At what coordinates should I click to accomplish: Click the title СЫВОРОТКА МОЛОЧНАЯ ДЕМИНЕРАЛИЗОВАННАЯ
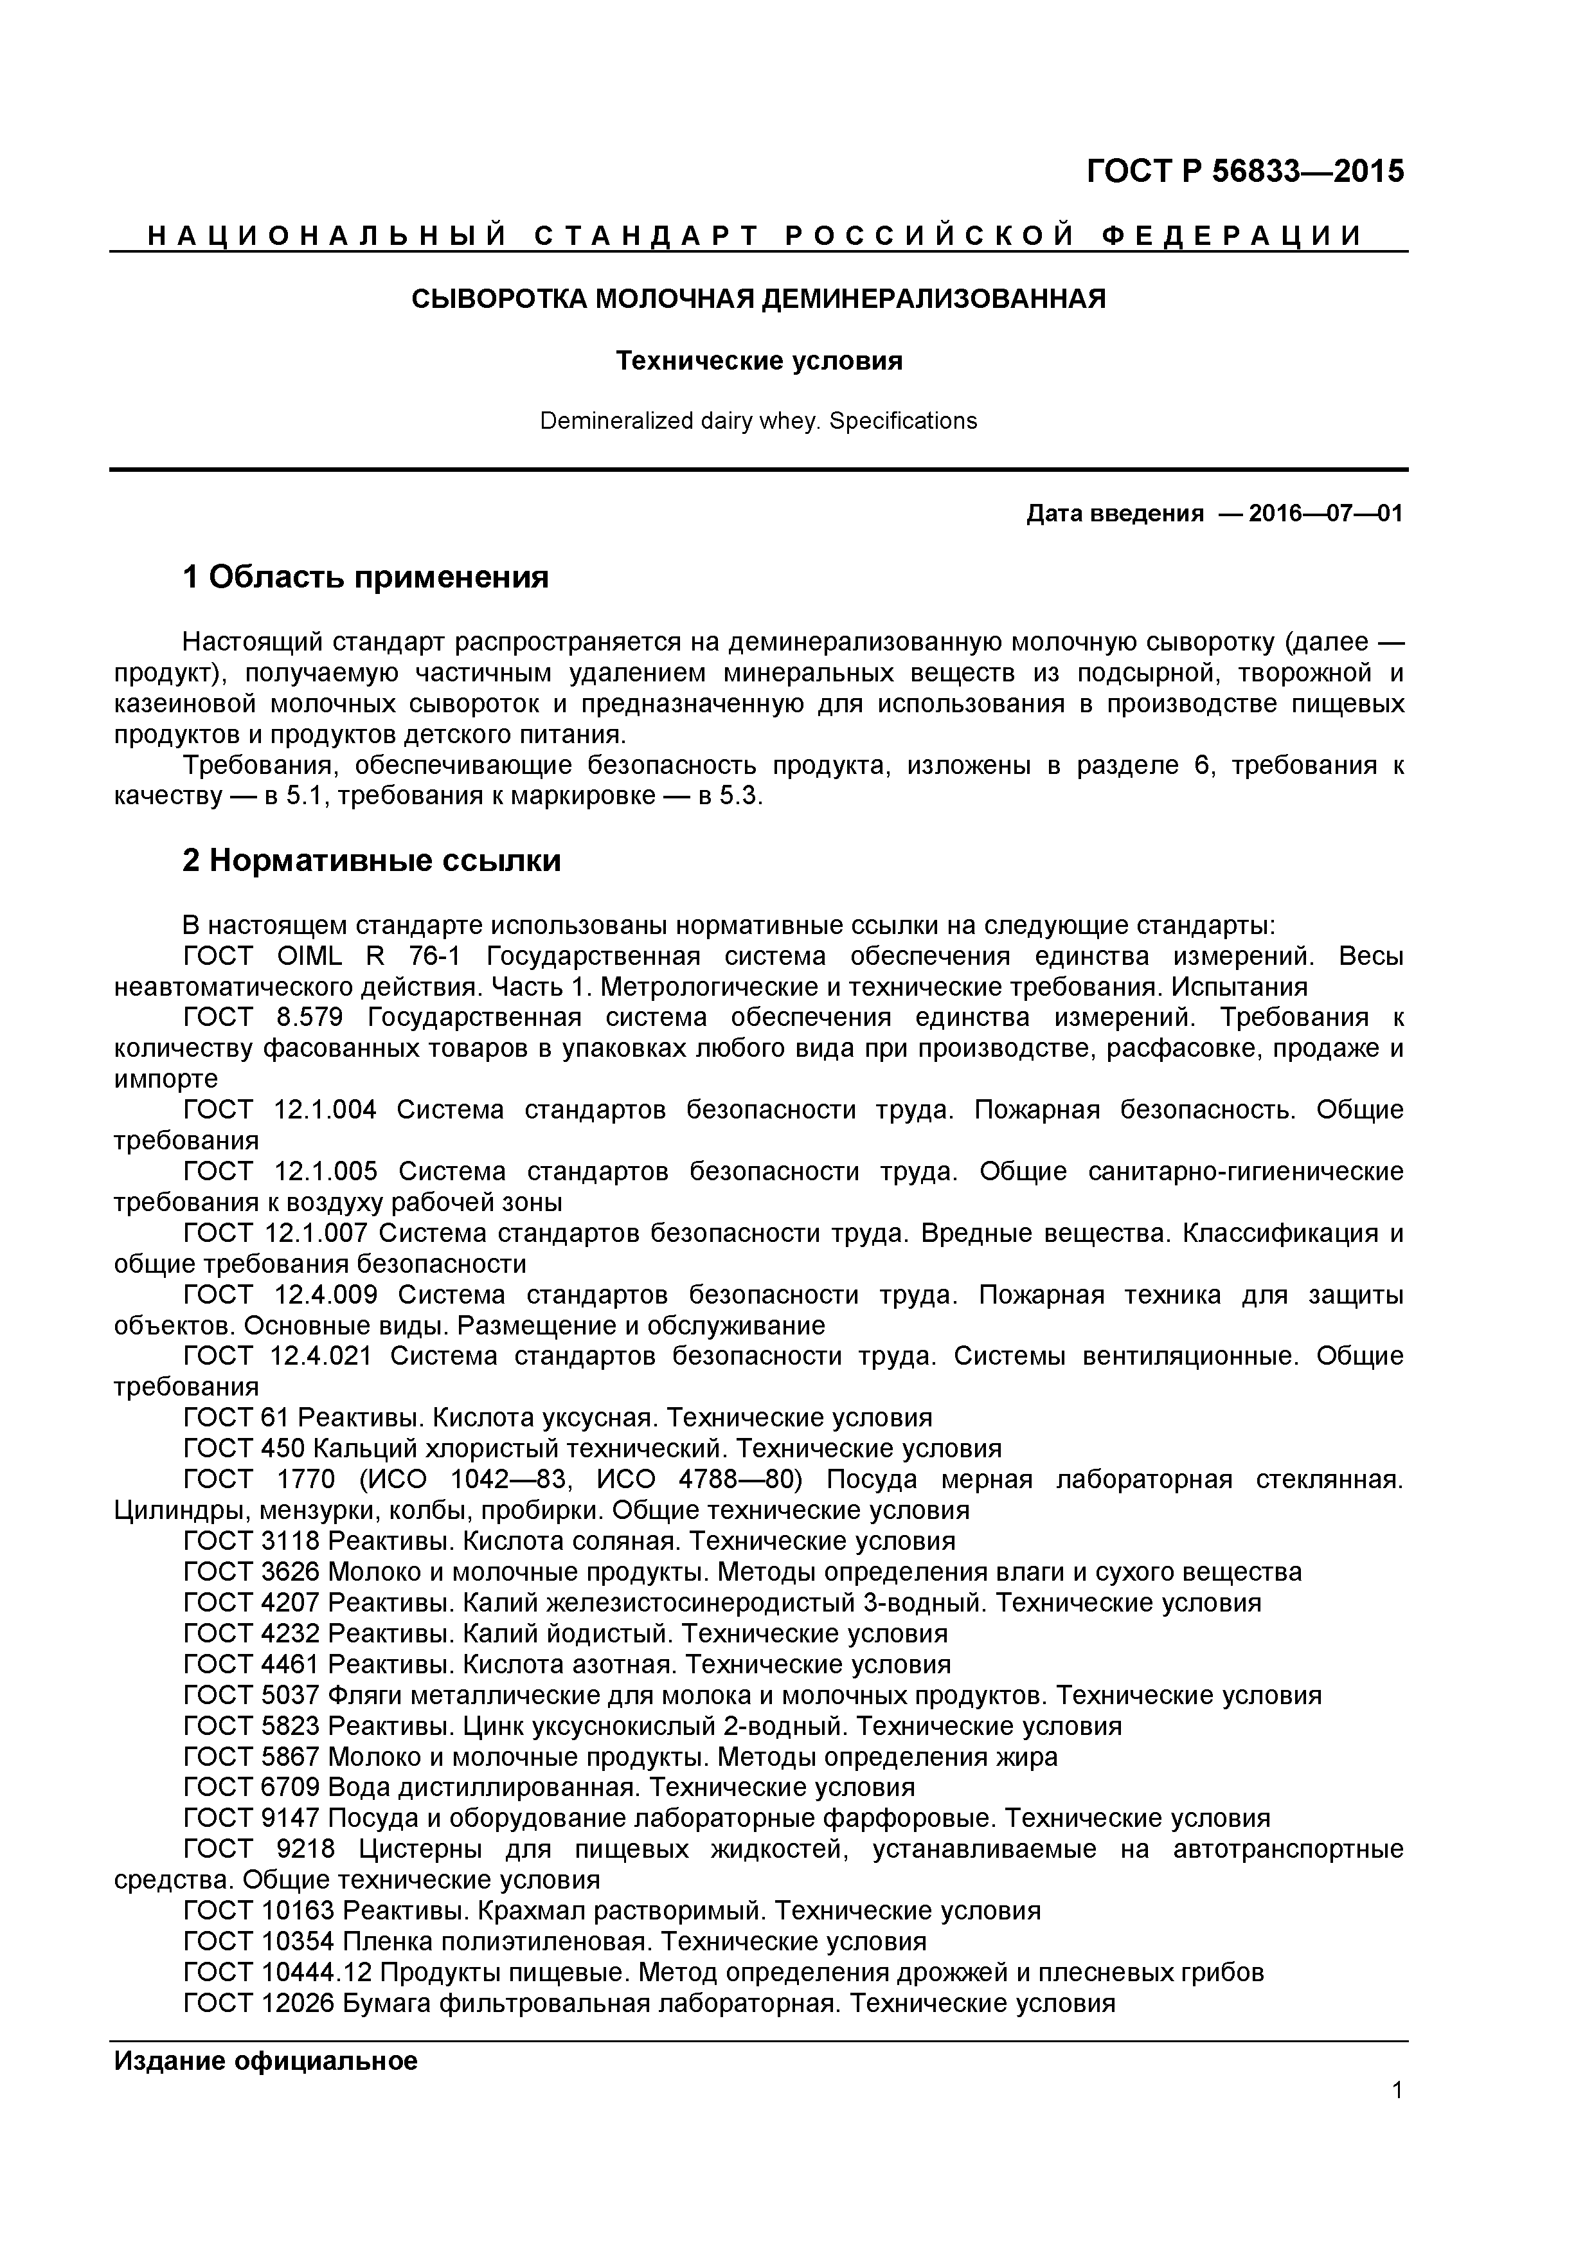click(757, 298)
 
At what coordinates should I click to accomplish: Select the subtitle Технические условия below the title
click(758, 361)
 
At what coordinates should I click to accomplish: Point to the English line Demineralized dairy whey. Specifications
click(758, 421)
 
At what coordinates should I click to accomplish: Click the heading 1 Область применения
click(365, 577)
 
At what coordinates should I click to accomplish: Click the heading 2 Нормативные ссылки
click(372, 860)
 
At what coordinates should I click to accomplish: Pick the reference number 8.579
click(309, 1018)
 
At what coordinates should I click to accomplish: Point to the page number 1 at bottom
click(1397, 2090)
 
